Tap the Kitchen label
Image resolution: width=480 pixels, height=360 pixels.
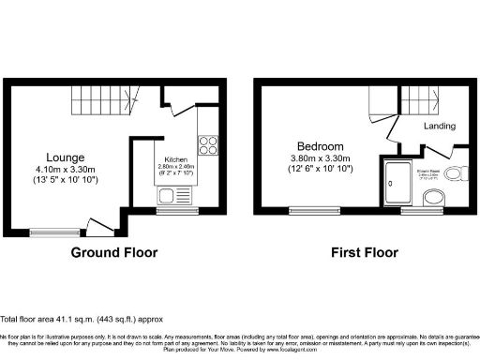176,159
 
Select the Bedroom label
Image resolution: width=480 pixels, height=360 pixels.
320,147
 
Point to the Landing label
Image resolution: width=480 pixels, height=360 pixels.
440,126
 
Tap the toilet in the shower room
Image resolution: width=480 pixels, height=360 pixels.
455,172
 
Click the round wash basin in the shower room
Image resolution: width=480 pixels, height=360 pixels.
434,197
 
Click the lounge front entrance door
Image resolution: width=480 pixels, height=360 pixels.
96,226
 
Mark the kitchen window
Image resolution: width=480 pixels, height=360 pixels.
171,211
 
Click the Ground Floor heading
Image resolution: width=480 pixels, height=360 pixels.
114,253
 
